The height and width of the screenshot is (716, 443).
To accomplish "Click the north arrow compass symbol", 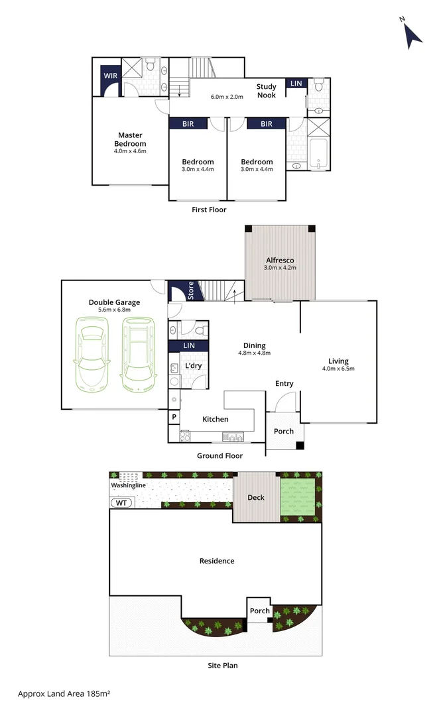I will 413,35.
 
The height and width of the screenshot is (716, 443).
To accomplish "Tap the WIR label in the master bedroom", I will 110,76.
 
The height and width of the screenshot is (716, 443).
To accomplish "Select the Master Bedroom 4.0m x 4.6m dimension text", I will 130,151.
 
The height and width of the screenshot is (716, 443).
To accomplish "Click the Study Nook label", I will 267,91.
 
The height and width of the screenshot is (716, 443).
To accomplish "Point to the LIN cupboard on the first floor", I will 296,83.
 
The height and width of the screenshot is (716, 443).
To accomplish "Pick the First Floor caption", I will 209,210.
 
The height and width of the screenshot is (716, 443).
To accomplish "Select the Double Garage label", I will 114,302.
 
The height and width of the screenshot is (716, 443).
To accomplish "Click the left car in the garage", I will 92,355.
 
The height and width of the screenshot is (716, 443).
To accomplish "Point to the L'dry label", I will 193,366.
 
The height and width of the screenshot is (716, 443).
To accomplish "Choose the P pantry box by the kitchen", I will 174,417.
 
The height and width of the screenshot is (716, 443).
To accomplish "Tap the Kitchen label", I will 215,419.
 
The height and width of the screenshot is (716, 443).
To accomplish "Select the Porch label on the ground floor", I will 283,432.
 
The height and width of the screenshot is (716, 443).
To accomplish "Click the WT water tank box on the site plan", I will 122,503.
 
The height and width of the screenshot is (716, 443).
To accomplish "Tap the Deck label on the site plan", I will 256,497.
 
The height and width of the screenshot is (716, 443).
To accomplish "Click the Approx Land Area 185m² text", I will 64,693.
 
